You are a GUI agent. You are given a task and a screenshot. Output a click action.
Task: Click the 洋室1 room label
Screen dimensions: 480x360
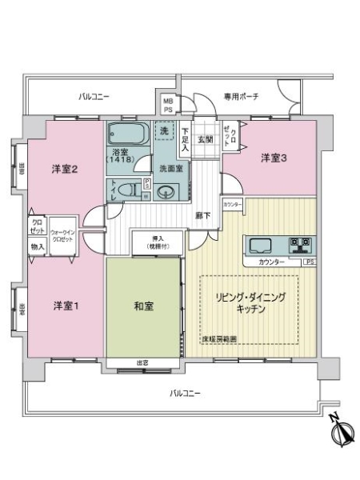tap(66, 306)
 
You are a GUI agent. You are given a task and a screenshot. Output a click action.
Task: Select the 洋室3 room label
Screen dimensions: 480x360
tap(273, 158)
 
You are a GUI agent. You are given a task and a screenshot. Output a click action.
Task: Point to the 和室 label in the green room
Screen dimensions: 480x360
tap(145, 304)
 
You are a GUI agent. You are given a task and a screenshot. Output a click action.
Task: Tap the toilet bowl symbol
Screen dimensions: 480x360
tap(128, 189)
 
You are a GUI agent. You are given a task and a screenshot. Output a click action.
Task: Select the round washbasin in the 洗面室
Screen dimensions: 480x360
tap(166, 192)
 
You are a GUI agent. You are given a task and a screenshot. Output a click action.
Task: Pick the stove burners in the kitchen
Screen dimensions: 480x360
tap(302, 245)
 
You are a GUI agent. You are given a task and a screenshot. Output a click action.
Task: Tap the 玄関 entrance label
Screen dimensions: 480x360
tap(205, 139)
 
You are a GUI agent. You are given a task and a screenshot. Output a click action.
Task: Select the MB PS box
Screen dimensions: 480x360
tap(168, 104)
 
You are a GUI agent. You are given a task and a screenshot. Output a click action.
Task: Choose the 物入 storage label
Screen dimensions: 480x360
tap(38, 247)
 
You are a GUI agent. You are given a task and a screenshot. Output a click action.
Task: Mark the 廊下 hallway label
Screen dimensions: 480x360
tap(203, 215)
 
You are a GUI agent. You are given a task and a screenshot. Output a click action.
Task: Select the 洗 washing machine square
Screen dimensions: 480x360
tap(164, 130)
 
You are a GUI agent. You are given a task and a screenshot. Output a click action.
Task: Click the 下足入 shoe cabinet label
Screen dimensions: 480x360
tap(185, 140)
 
